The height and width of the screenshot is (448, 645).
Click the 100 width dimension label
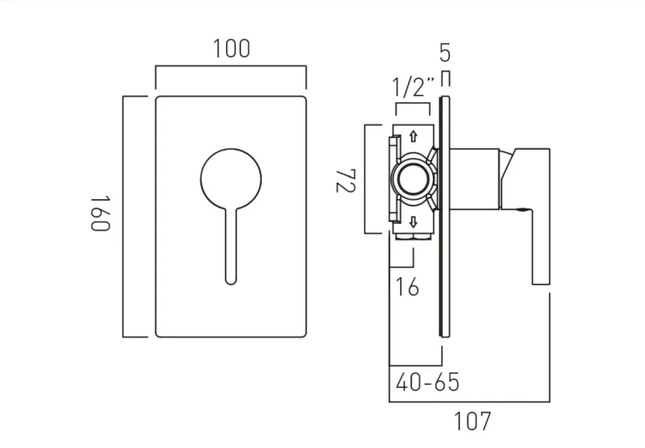[231, 49]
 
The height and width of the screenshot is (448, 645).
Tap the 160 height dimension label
[101, 214]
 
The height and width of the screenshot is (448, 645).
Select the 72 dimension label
[345, 179]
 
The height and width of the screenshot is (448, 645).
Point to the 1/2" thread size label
[413, 88]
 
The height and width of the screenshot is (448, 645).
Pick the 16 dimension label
[408, 286]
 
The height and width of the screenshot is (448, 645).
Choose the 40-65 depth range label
[427, 381]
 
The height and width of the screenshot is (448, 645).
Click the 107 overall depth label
[473, 420]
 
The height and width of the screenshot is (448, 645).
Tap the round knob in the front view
[230, 179]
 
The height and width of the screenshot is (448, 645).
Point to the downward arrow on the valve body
[413, 222]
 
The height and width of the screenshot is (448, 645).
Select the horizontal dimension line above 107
[469, 401]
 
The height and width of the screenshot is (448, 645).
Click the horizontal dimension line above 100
[231, 67]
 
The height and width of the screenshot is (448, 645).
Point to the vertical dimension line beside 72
[365, 179]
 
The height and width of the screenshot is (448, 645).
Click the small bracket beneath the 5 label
[446, 74]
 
